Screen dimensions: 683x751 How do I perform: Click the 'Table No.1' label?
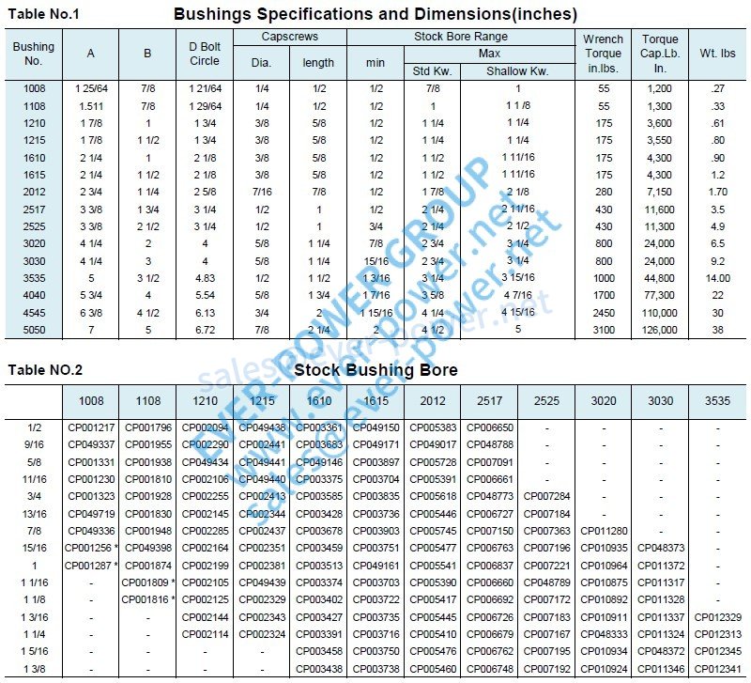(x=43, y=14)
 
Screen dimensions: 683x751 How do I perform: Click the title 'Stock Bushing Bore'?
(x=375, y=369)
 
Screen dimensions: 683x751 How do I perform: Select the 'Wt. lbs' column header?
(x=717, y=54)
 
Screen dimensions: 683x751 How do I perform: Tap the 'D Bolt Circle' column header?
(x=204, y=54)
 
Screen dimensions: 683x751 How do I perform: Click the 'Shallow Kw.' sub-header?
(x=516, y=70)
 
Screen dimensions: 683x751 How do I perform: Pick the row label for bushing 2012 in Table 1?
(x=34, y=192)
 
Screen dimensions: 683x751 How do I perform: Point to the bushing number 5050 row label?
(x=34, y=330)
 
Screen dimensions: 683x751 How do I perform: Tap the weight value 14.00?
(x=717, y=278)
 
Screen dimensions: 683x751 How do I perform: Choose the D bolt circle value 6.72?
(x=204, y=330)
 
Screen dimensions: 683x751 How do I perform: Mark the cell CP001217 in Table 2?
(x=91, y=427)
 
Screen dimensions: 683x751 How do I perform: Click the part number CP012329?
(x=717, y=616)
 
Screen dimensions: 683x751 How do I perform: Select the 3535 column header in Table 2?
(x=717, y=400)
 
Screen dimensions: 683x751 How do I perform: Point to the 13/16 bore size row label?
(x=34, y=513)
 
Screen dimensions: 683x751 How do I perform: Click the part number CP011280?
(x=603, y=531)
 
